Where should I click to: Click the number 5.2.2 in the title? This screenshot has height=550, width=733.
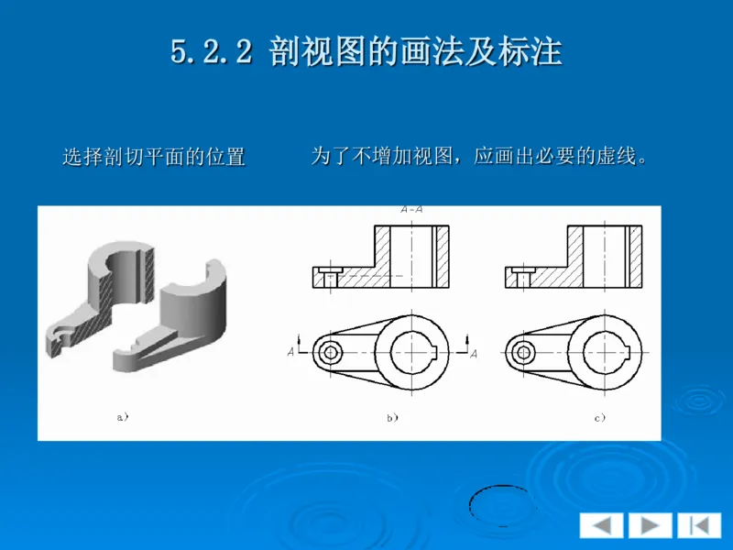click(x=211, y=51)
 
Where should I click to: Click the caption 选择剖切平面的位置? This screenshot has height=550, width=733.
click(x=153, y=157)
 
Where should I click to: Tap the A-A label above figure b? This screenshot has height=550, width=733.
click(x=411, y=209)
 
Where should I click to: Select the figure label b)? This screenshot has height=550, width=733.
click(x=391, y=418)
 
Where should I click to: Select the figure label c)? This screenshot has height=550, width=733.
click(x=599, y=418)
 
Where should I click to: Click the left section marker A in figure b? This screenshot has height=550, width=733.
click(x=291, y=351)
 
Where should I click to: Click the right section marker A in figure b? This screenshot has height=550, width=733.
click(x=473, y=352)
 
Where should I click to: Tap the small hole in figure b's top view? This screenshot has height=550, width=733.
click(x=331, y=352)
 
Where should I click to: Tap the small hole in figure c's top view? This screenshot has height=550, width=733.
click(x=523, y=352)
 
